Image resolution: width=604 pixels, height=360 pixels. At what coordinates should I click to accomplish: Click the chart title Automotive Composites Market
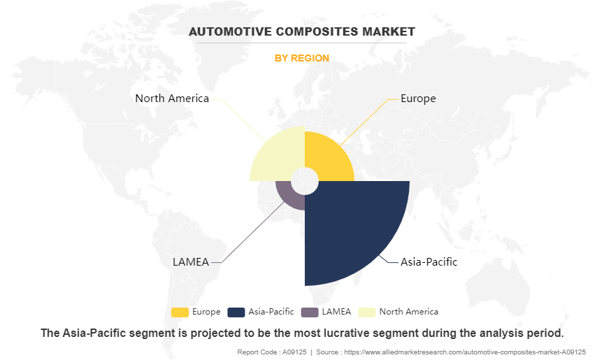coord(301,31)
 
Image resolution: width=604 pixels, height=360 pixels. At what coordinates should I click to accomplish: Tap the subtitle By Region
coord(301,58)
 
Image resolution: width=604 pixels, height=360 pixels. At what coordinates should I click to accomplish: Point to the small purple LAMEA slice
coord(288,196)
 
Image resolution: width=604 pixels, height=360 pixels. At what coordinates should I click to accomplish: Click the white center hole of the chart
coord(305,181)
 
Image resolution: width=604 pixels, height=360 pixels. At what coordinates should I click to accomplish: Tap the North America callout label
coord(172,99)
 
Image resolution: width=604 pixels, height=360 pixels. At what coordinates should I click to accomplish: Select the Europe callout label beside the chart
coord(418,99)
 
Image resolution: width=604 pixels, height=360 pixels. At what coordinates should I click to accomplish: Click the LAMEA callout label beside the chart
coord(190,262)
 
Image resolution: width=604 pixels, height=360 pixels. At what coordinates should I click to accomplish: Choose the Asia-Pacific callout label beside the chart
coord(429,262)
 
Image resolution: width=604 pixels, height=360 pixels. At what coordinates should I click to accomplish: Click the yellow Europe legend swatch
coord(180,312)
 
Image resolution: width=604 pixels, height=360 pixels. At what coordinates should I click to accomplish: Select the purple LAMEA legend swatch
coord(309,312)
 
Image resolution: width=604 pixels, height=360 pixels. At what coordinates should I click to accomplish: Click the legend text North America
coord(408,312)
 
